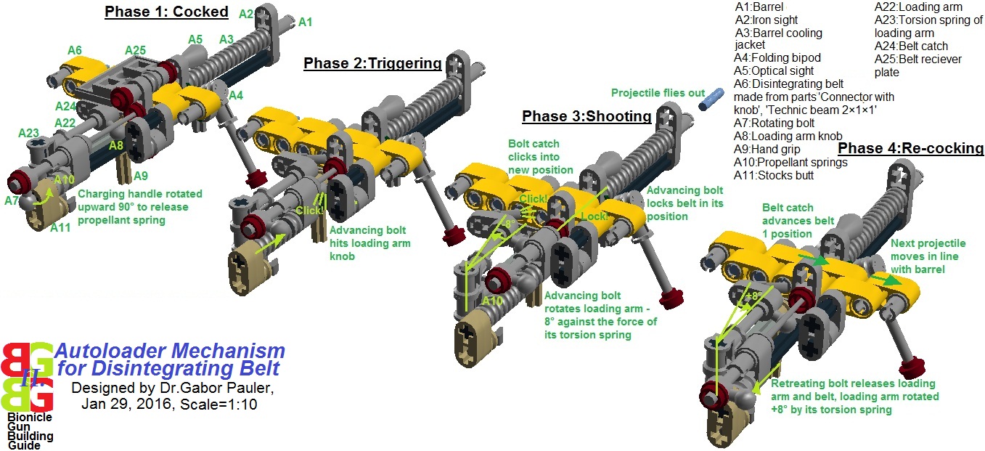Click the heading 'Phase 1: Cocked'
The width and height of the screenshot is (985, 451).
pos(166,12)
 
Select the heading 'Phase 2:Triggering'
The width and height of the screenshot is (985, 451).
pos(372,63)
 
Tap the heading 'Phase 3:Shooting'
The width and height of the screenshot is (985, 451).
pos(586,116)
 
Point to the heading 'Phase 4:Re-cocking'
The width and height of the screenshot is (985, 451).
pos(910,148)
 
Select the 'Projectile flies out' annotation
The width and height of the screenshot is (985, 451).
pos(657,93)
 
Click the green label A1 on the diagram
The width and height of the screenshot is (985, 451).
pos(306,23)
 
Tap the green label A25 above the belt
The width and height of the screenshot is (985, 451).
pos(135,50)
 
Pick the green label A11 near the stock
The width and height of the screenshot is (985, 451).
pos(61,228)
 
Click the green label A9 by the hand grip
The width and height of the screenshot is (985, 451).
pos(141,175)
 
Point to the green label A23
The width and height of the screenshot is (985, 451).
pos(29,133)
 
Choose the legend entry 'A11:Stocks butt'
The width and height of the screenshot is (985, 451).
pos(773,175)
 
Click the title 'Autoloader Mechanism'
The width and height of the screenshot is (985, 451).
pos(170,351)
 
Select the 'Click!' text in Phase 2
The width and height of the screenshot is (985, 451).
pos(308,211)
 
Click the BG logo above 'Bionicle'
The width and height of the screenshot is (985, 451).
pos(27,376)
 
